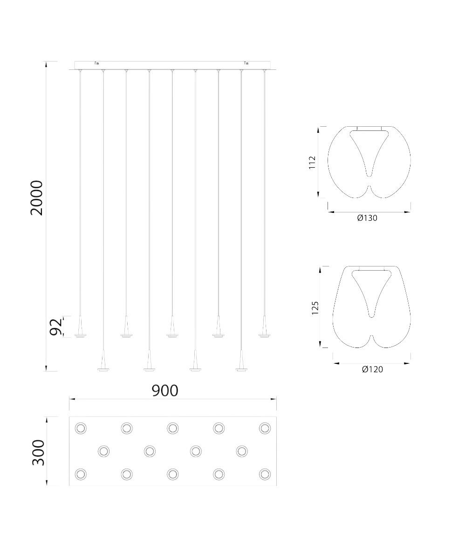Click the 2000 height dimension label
[x=37, y=198]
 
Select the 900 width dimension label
[x=165, y=390]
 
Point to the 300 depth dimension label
[x=38, y=452]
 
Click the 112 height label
[x=313, y=163]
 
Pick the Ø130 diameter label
[x=367, y=218]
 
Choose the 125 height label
[x=315, y=307]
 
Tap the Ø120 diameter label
[x=372, y=369]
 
